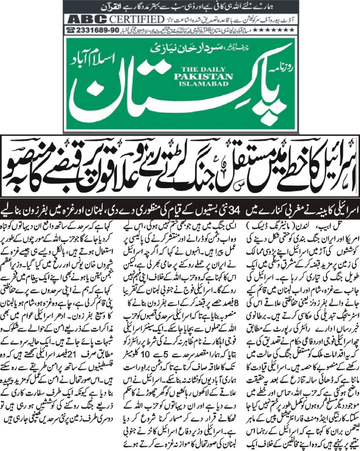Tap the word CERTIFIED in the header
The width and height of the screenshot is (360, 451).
point(131,19)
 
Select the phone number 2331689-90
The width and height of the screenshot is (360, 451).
point(98,29)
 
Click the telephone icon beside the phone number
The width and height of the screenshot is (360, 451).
point(70,29)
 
